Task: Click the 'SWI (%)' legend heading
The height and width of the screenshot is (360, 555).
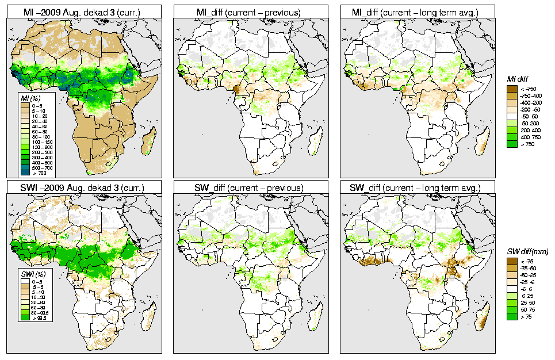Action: pos(31,273)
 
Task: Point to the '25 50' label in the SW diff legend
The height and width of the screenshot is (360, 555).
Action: pos(527,302)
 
